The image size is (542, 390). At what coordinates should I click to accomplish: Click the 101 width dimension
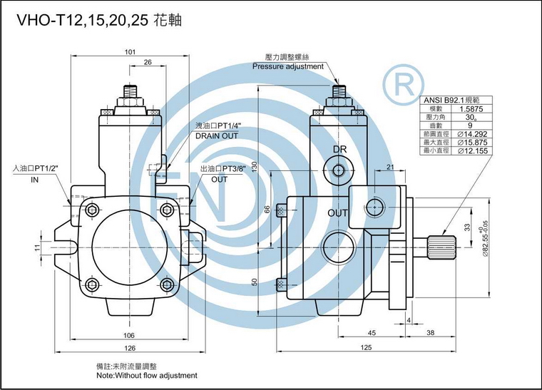[131, 52]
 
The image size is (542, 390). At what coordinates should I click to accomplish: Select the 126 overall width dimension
[129, 349]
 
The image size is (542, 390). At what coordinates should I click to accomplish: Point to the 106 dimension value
[129, 335]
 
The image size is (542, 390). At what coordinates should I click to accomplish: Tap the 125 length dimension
[367, 348]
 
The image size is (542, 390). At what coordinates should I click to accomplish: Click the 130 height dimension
[275, 165]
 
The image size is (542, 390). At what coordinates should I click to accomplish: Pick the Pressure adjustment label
[288, 66]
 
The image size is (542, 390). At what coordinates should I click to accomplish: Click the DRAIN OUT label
[217, 135]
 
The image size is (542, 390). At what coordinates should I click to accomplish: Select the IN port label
[34, 180]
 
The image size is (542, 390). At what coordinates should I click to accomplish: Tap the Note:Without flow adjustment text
[146, 375]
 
